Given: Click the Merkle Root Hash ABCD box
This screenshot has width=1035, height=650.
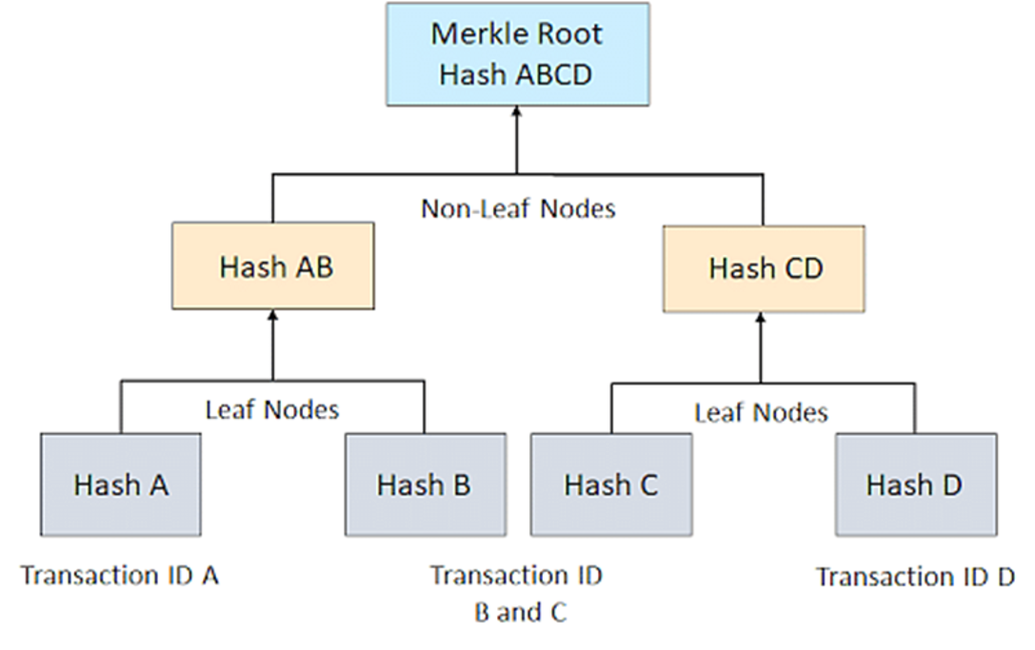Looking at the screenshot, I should [518, 53].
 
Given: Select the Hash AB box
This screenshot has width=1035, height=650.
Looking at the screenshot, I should [273, 266].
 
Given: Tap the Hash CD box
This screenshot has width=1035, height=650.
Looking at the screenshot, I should [764, 268].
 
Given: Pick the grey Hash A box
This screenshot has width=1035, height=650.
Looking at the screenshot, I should [121, 484].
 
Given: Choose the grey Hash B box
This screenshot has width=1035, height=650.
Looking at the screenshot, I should [424, 484].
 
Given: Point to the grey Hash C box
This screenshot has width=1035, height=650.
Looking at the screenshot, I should [610, 484].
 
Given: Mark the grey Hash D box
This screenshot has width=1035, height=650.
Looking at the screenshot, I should [915, 484].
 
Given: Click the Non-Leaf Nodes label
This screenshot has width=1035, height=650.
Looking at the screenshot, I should [518, 207].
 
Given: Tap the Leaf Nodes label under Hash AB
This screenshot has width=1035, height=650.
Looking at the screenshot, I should [272, 409].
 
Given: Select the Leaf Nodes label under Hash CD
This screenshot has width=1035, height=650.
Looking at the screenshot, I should [761, 412].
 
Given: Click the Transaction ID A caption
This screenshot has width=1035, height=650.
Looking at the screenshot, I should [120, 576].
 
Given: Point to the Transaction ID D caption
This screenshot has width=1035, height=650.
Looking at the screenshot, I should [915, 577].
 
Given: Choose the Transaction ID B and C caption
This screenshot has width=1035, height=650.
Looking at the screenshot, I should [517, 593].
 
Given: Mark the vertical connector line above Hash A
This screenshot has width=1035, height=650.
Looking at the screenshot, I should [121, 406].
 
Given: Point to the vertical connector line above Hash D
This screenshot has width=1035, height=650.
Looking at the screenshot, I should [915, 409].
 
